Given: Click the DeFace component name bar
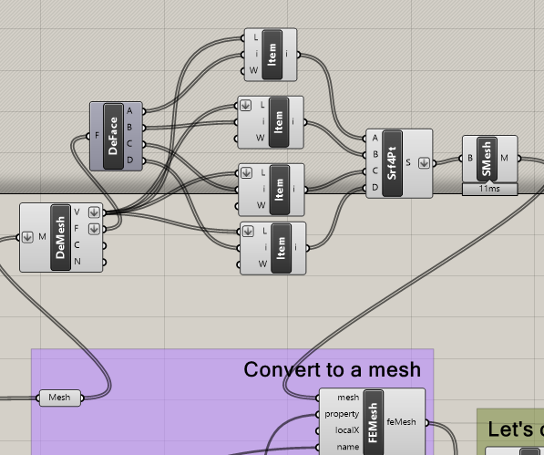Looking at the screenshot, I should pos(114,136).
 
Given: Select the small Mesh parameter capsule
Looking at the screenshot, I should pos(59,398).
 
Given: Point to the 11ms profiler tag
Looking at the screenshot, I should pos(489,189).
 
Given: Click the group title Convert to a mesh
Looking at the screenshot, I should pos(332,369).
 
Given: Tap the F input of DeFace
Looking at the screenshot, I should pos(98,136).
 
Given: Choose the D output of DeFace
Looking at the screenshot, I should pos(129,160).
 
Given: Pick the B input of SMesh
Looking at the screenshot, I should pos(470,159).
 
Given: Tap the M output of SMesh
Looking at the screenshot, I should pos(504,159).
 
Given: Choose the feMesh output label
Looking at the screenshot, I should pos(401,421).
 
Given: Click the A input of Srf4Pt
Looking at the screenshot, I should pos(375,138).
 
